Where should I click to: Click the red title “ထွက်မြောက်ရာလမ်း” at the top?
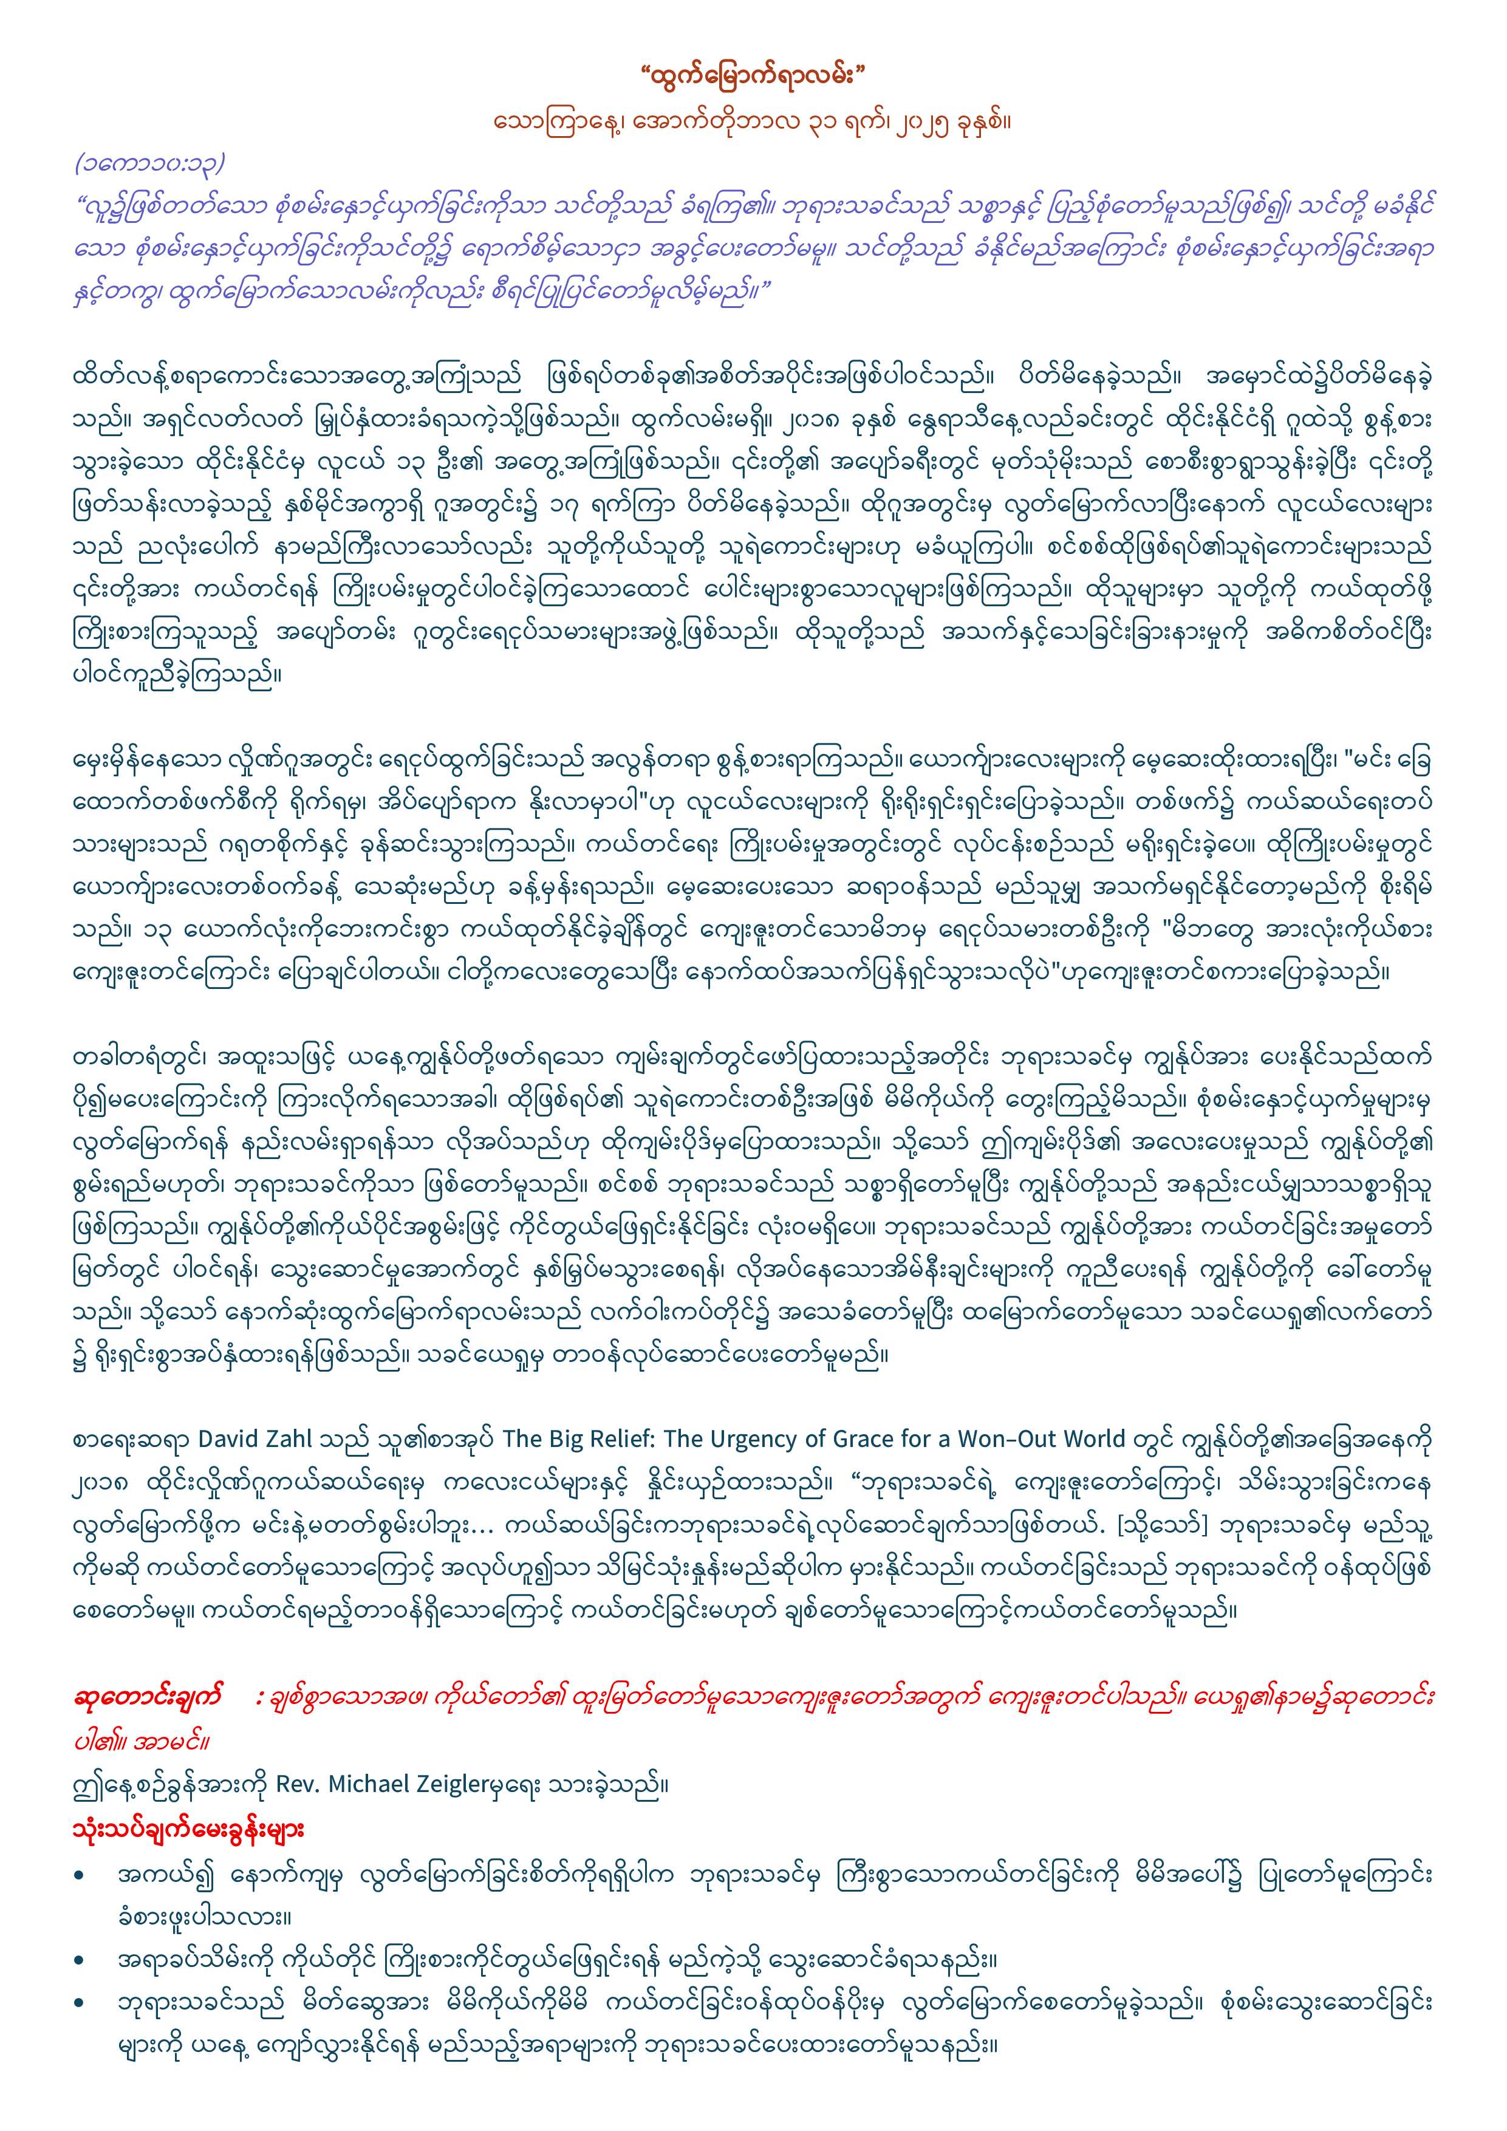point(753,74)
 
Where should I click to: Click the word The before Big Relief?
point(518,1440)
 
